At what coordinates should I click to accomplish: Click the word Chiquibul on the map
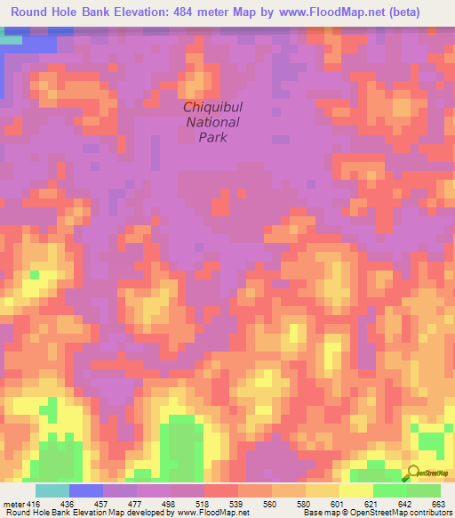pyautogui.click(x=212, y=107)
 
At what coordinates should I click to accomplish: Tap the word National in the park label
pyautogui.click(x=212, y=122)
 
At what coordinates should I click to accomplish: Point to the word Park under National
pyautogui.click(x=212, y=137)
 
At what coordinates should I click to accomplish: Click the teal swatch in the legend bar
pyautogui.click(x=52, y=491)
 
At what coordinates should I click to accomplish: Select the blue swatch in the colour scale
pyautogui.click(x=85, y=491)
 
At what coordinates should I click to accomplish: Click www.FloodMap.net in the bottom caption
pyautogui.click(x=214, y=512)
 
